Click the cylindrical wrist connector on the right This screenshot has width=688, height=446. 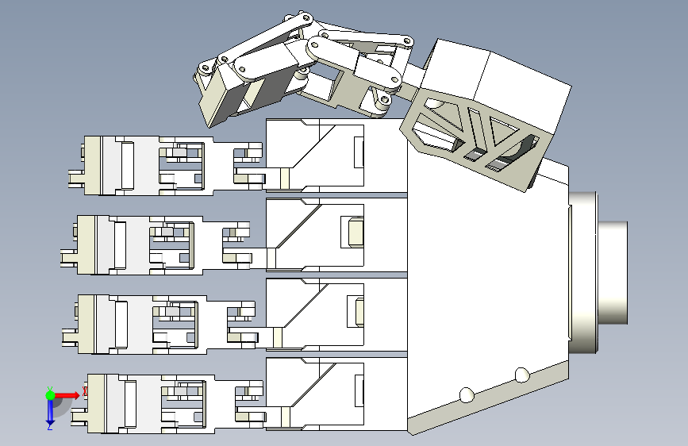pos(613,272)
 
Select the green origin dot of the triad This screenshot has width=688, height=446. pos(50,394)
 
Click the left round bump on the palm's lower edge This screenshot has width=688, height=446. pos(467,394)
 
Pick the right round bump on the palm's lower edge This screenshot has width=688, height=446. pos(521,374)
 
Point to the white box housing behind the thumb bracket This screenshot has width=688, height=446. pos(500,79)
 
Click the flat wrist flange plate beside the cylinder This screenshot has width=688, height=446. pos(582,272)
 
